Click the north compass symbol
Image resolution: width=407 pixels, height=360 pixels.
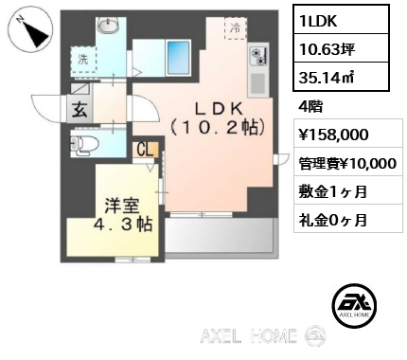30,30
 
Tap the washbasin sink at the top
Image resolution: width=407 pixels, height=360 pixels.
109,25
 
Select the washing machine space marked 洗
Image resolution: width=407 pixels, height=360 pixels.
83,60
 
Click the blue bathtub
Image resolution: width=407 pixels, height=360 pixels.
178,58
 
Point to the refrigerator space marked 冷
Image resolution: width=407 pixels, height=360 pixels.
236,28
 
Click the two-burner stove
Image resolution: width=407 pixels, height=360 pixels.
258,56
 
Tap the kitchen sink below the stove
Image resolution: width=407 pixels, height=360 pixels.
258,83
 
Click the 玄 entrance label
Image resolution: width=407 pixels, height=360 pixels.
80,110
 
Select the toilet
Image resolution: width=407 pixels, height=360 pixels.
83,145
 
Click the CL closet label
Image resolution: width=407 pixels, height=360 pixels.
146,150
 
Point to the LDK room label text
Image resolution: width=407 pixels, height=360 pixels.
218,117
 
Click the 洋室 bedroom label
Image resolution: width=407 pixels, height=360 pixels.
122,207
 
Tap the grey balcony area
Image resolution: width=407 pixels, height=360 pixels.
221,235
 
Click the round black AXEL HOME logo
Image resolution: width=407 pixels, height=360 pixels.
354,305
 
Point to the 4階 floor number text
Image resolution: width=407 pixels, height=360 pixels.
310,107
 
